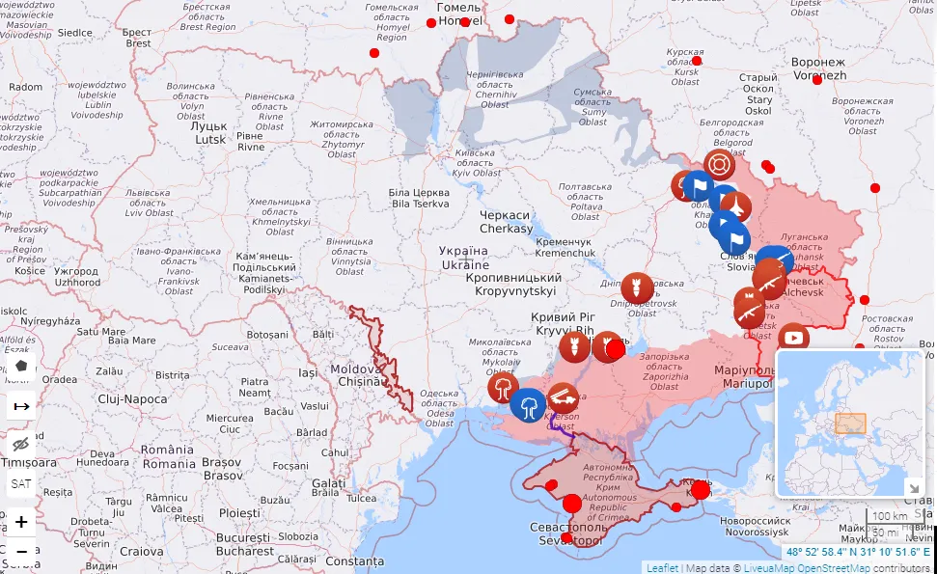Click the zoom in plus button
(x=21, y=522)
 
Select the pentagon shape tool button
(x=21, y=367)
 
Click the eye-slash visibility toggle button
(x=21, y=445)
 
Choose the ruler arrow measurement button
(x=21, y=406)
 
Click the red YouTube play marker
(x=793, y=338)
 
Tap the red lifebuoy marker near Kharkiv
(x=719, y=164)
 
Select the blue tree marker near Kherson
(x=528, y=405)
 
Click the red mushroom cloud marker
(x=503, y=390)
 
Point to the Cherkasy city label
(x=506, y=222)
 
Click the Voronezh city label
(x=818, y=68)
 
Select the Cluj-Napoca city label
(x=132, y=398)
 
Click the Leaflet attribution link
(x=662, y=567)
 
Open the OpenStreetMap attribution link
(x=832, y=567)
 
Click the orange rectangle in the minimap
(x=850, y=423)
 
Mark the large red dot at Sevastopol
(x=572, y=503)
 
